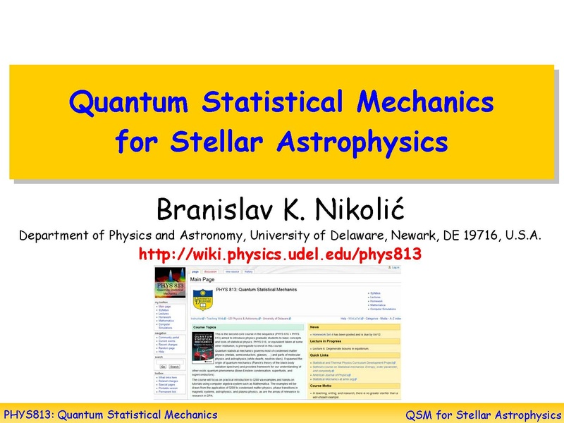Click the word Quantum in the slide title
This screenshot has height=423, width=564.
click(130, 103)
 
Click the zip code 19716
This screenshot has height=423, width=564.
click(482, 235)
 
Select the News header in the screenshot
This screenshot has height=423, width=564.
click(315, 327)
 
